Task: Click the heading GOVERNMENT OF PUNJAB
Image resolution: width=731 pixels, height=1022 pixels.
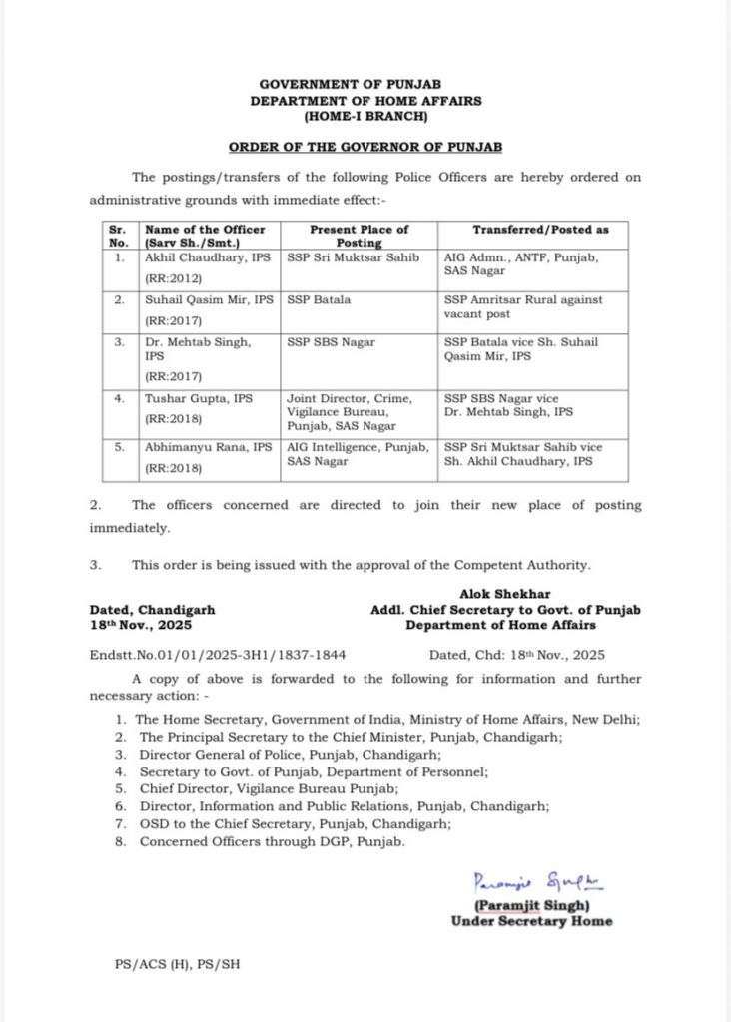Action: pos(365,86)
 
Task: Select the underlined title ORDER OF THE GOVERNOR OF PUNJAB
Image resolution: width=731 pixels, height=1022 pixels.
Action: pos(365,147)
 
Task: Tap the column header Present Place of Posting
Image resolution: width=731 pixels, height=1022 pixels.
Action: pos(359,236)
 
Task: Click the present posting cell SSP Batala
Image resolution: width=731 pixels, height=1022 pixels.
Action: pos(313,299)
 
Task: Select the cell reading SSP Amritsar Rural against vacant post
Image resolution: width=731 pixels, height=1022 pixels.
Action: pos(523,306)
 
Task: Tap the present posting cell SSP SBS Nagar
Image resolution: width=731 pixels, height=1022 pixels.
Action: pos(331,342)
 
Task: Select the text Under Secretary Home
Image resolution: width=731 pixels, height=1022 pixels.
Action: pos(531,921)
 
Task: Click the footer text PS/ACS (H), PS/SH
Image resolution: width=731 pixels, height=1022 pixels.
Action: pos(176,966)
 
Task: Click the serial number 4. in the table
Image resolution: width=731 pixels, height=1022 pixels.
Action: pos(120,397)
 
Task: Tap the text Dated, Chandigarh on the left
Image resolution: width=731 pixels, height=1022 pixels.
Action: pos(152,609)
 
